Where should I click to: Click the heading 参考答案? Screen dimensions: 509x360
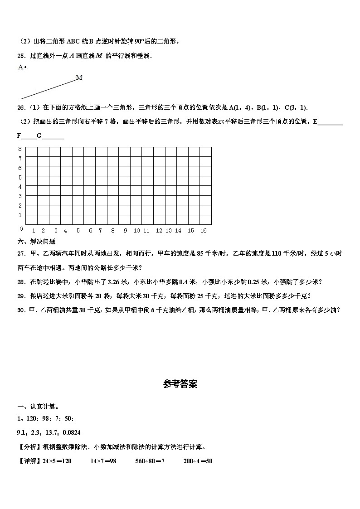(x=180, y=384)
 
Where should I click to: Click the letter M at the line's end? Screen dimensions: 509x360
(x=79, y=78)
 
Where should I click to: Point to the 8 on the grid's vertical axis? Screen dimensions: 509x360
(x=20, y=149)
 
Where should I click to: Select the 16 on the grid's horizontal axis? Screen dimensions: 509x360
(x=203, y=231)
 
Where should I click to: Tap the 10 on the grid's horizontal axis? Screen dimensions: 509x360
(x=136, y=231)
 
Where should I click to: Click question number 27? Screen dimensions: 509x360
(x=21, y=254)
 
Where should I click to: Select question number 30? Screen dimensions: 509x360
(x=21, y=310)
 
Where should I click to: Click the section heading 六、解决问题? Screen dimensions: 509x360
(x=36, y=242)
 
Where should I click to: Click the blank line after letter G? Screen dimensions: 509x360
(x=53, y=136)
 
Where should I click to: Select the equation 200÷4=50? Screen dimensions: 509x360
(x=198, y=461)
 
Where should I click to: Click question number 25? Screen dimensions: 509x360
(x=21, y=56)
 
